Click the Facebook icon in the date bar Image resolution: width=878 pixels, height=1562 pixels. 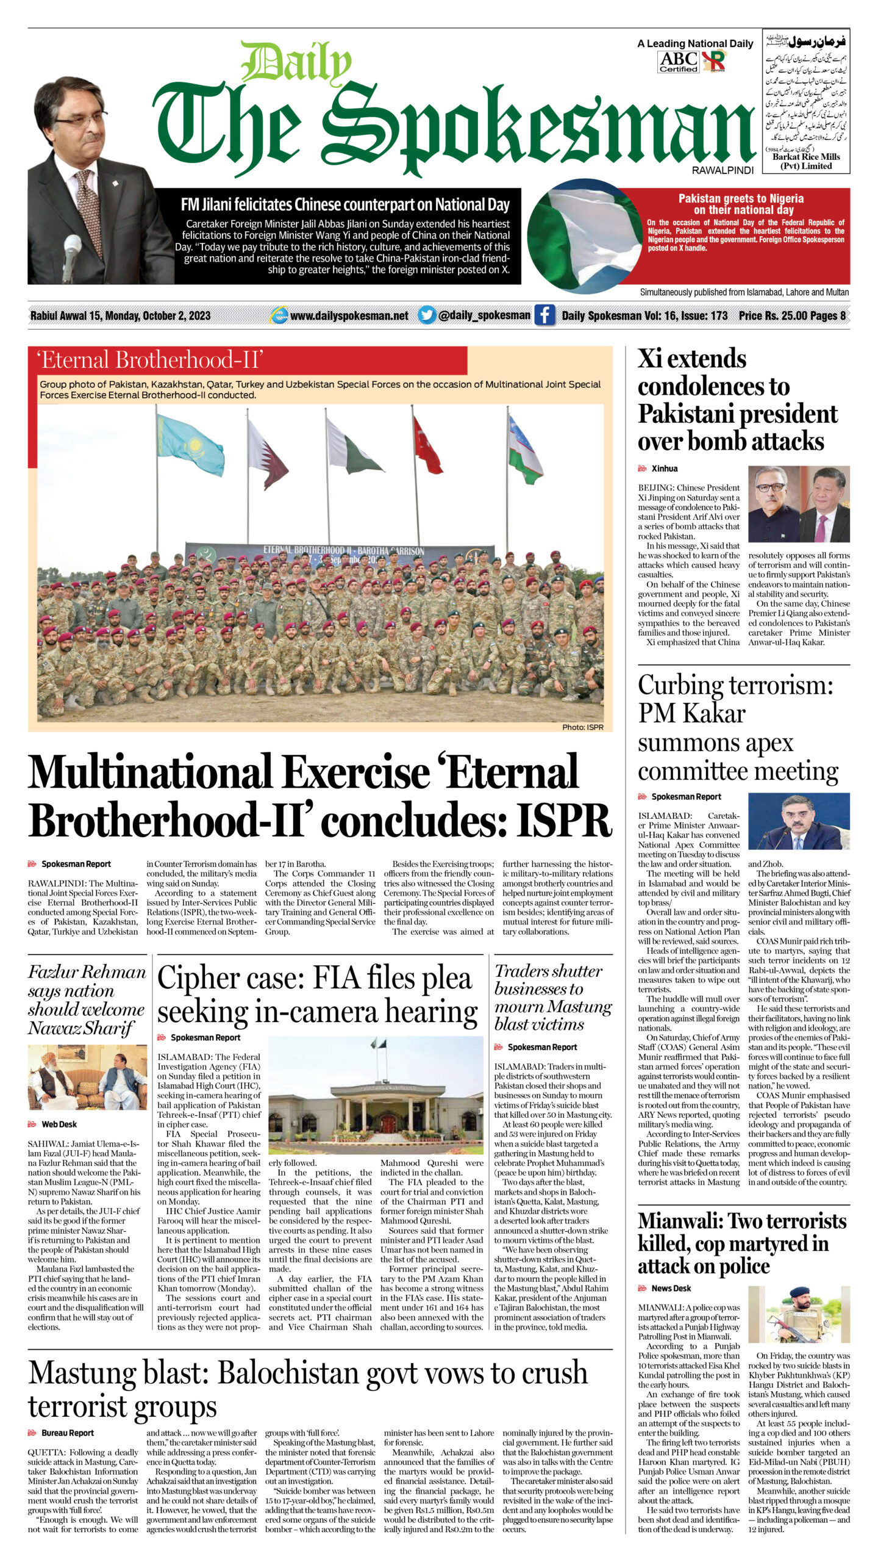coord(544,315)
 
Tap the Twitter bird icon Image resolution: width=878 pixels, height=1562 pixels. coord(427,315)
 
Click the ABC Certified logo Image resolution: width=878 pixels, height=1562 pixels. coord(678,62)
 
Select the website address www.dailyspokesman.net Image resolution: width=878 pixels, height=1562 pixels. coord(349,315)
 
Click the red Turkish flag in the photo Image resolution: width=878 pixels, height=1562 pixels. coord(427,446)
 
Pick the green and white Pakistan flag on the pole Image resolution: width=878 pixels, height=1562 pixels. coord(352,446)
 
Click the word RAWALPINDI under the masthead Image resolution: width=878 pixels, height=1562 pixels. coord(723,170)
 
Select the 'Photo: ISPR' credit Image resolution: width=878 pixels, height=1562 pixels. coord(582,727)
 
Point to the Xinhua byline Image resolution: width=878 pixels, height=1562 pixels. coord(664,469)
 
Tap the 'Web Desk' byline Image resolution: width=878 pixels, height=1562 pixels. coord(59,1124)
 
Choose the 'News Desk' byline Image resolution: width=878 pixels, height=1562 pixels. coord(671,1288)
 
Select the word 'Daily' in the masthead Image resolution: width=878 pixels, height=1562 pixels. coord(296,62)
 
